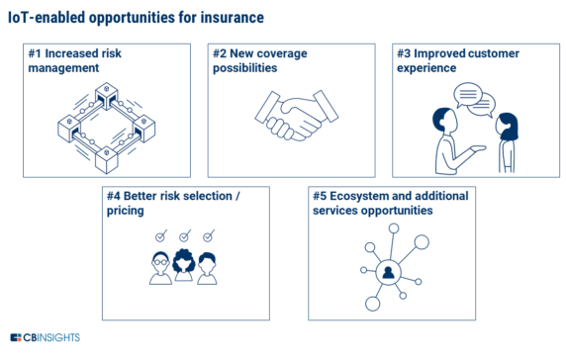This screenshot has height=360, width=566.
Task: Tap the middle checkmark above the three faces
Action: coord(184,236)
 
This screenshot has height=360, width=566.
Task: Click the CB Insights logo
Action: coord(48,339)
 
